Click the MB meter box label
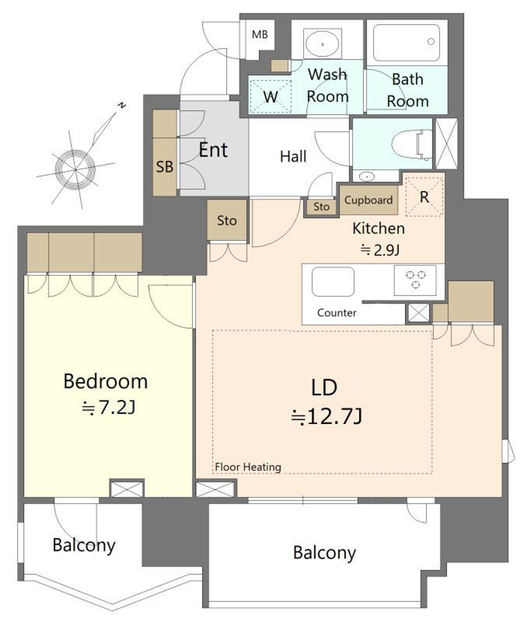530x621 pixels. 260,34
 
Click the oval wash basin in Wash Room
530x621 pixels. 322,44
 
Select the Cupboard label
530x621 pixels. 368,200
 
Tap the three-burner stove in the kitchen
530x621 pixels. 415,280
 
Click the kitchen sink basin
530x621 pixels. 333,282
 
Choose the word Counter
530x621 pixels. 336,313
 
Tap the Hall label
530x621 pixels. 293,156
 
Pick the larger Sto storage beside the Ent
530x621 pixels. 227,220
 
